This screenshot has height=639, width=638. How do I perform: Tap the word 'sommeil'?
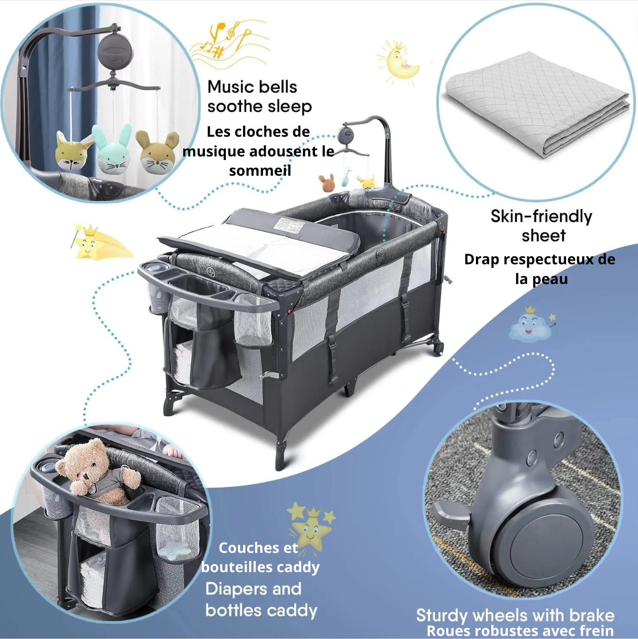tap(260, 171)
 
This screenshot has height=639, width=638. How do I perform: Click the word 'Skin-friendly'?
tap(541, 217)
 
